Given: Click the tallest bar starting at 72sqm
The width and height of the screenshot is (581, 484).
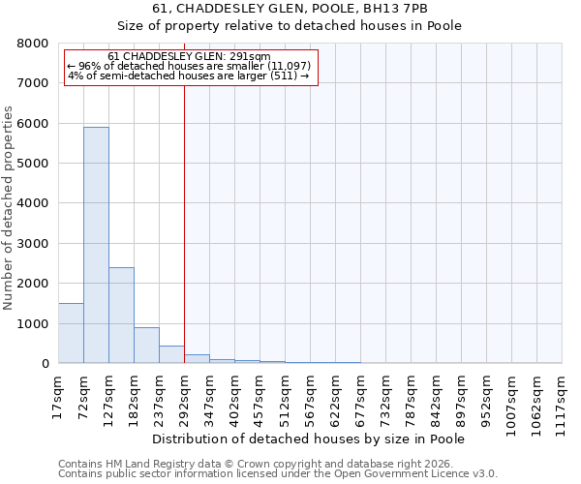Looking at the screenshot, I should pos(96,245).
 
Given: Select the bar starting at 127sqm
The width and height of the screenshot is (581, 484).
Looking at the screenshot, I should pos(121,315).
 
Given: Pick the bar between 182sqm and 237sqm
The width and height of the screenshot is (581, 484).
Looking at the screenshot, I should pos(146,346).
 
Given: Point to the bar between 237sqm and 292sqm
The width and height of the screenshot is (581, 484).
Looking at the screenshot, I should pos(171,354).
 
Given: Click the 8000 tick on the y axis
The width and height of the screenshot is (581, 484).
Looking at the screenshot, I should pos(32,44).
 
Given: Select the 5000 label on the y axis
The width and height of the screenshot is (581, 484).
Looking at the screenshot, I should pos(32,164).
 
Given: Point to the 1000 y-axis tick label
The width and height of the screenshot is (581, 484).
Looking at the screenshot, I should pos(32,323).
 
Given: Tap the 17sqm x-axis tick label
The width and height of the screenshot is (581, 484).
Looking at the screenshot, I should pos(58,398).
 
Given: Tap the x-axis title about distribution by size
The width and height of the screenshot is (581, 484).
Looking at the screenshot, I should pos(310,439).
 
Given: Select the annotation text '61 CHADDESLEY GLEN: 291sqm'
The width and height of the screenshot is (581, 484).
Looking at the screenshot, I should pos(189,57).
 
